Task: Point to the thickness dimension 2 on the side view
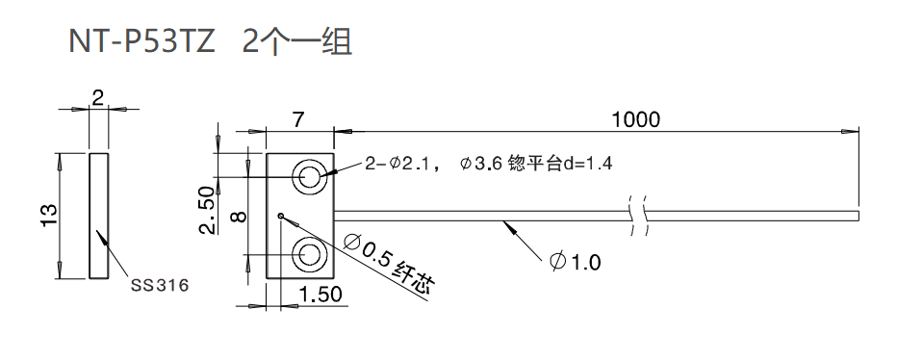[97, 96]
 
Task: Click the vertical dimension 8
[241, 215]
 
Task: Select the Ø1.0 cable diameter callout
[575, 261]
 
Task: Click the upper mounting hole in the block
[311, 176]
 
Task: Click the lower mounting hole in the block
[311, 254]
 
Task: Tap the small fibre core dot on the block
[279, 215]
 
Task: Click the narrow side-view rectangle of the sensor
[98, 215]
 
